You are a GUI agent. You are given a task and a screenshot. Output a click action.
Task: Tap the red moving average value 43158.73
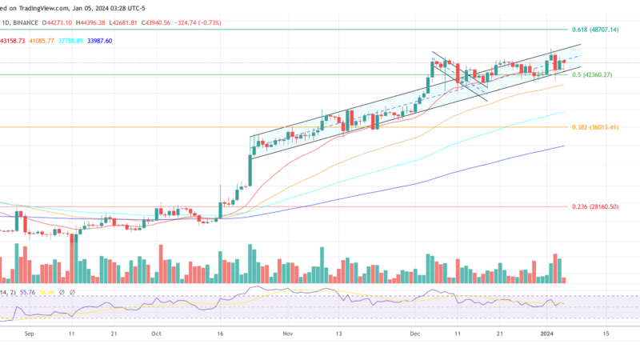(x=14, y=40)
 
